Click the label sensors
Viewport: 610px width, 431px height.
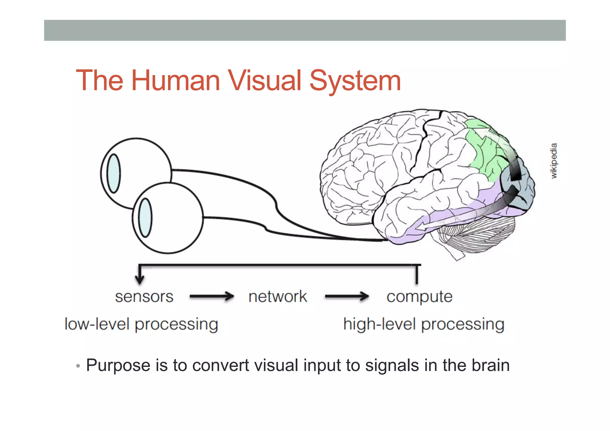coord(144,297)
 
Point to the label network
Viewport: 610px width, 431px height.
coord(278,297)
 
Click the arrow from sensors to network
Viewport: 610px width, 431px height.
coord(212,296)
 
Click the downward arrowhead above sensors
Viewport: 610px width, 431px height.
coord(139,279)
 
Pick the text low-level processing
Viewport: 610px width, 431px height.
coord(141,324)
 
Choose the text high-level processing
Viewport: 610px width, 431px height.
coord(424,324)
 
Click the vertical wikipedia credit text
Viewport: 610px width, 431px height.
coord(553,161)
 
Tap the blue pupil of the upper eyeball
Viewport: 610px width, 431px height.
coord(113,173)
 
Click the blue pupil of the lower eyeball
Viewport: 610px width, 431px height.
coord(145,218)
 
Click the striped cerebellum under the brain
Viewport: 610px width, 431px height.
coord(477,235)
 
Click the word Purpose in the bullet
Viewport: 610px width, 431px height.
coord(118,365)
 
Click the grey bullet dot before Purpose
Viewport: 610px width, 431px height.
coord(78,366)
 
